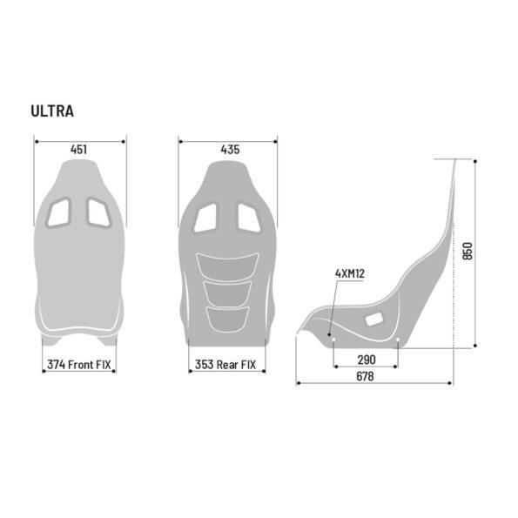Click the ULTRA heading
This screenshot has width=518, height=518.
(x=52, y=111)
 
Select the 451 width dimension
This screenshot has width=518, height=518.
(x=78, y=150)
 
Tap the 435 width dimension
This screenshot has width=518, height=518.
(x=230, y=150)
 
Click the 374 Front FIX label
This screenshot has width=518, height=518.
(x=79, y=366)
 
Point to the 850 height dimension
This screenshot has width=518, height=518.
(x=467, y=252)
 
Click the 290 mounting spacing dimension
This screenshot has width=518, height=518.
(x=367, y=358)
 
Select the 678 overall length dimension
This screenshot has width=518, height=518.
(x=365, y=376)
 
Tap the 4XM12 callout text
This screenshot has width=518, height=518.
(x=349, y=273)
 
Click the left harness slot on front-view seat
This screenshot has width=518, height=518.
(x=60, y=212)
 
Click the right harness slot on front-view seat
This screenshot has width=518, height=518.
(x=97, y=212)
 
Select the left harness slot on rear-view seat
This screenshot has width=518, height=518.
(x=207, y=217)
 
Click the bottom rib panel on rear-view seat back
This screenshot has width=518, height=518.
(x=227, y=315)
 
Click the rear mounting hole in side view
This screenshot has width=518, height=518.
(x=398, y=340)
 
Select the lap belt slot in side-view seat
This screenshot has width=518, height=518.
(x=373, y=320)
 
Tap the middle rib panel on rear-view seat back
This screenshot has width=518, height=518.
(x=227, y=291)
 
